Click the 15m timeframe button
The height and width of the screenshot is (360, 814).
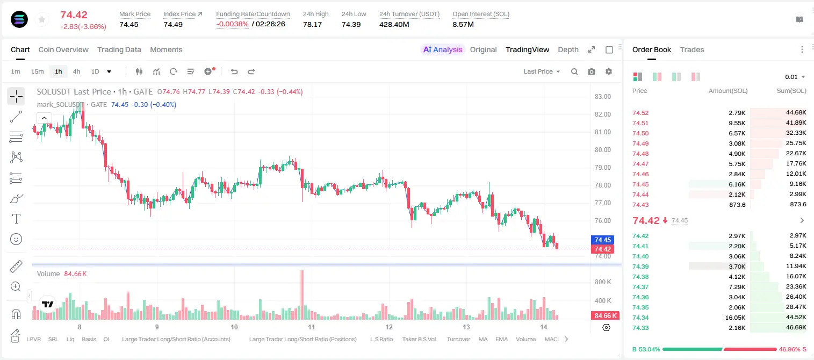click(38, 71)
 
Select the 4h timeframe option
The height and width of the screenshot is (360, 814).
click(76, 71)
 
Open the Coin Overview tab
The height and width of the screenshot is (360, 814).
click(63, 49)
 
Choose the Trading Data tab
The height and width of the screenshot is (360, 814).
click(119, 49)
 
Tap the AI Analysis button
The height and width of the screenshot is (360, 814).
click(443, 49)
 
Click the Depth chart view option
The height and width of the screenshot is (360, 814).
click(568, 49)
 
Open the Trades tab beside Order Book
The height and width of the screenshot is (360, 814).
click(692, 49)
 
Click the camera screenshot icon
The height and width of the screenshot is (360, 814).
click(592, 71)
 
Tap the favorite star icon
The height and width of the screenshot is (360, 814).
click(42, 19)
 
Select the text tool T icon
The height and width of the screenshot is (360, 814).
click(16, 219)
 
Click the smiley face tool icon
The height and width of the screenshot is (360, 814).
click(16, 239)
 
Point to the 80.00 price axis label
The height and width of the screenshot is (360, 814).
click(602, 150)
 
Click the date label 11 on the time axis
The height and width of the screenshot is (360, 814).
click(312, 327)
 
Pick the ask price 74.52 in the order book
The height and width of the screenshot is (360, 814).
click(640, 113)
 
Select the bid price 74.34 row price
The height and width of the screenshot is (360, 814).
click(640, 318)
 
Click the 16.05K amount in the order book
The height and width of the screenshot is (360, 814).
click(735, 318)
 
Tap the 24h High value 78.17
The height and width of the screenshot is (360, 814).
click(313, 24)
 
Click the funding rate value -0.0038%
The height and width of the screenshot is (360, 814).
click(232, 24)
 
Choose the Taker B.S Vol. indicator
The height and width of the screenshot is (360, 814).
click(419, 339)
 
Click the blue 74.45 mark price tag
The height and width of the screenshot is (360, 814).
click(602, 240)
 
